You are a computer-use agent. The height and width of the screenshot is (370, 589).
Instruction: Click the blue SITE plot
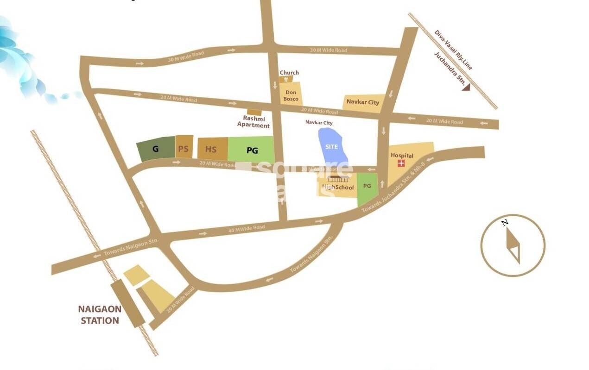click(x=331, y=145)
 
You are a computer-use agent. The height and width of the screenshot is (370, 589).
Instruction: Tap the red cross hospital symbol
click(x=401, y=163)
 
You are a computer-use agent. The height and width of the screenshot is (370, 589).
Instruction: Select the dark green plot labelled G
click(x=155, y=149)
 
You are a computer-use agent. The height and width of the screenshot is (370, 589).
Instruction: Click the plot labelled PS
click(x=184, y=148)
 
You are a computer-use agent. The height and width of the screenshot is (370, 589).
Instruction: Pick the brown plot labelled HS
click(x=211, y=149)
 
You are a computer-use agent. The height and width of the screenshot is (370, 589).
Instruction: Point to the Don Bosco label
click(x=291, y=95)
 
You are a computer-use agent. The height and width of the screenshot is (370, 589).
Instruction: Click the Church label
click(x=289, y=73)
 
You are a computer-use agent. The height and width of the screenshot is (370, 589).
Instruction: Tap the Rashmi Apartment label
click(x=253, y=122)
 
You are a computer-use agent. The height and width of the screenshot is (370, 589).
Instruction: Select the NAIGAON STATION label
click(x=100, y=314)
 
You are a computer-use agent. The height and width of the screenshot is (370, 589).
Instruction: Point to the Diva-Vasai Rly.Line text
click(x=453, y=50)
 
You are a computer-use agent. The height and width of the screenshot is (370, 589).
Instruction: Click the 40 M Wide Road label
click(x=247, y=228)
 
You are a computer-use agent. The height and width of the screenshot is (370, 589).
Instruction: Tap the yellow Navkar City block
click(x=363, y=102)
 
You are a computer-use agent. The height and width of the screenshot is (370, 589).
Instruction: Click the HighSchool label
click(x=338, y=187)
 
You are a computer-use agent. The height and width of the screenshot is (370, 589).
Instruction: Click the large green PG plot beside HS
click(x=252, y=150)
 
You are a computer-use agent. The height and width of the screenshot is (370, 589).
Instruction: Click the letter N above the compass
click(x=505, y=223)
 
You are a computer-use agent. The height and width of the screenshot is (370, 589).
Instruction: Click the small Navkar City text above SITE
click(x=319, y=123)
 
